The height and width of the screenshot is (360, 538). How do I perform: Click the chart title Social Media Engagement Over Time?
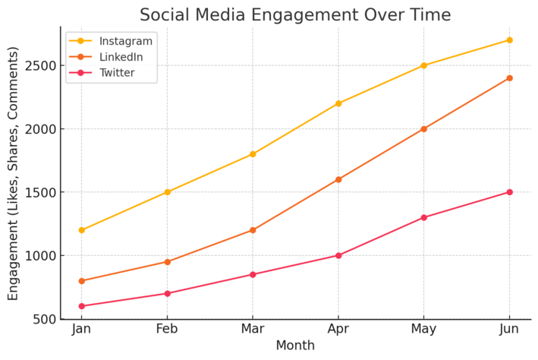[295, 14]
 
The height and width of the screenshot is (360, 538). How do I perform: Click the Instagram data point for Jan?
[81, 230]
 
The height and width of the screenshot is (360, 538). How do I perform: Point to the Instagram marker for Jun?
[509, 40]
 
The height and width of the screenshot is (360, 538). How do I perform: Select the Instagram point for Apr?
[338, 103]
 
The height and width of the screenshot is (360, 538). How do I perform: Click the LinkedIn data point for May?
[423, 129]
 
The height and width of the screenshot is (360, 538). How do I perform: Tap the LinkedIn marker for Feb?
[167, 262]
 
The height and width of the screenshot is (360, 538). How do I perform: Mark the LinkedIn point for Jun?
[509, 78]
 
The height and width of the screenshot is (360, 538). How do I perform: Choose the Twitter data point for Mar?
[253, 274]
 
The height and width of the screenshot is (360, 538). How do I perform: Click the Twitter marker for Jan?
[81, 306]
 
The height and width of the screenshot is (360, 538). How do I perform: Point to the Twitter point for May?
[423, 217]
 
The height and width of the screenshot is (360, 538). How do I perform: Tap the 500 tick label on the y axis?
[43, 319]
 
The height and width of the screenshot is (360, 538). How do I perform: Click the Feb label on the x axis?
[167, 330]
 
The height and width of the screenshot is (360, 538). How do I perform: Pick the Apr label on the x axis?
[338, 330]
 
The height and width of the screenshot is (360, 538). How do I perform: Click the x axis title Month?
[295, 346]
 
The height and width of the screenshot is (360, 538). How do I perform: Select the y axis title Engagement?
[14, 173]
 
